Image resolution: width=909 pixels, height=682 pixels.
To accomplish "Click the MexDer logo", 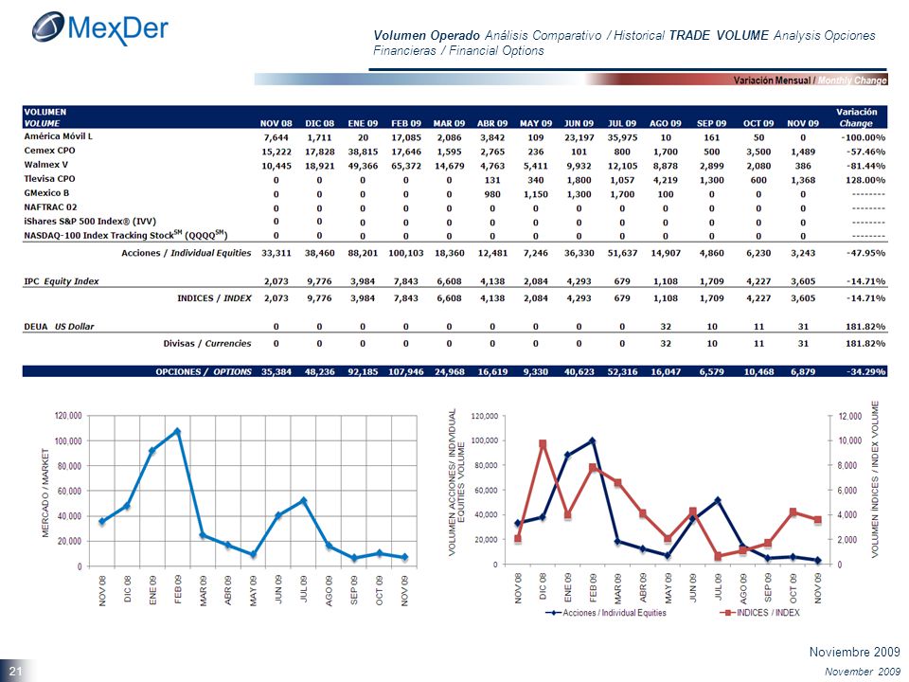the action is click(99, 27).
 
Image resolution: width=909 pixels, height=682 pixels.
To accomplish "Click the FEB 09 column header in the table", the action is click(406, 123).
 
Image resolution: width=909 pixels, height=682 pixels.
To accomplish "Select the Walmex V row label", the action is click(45, 165).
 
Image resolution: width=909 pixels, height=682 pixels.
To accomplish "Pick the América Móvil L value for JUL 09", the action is click(622, 137).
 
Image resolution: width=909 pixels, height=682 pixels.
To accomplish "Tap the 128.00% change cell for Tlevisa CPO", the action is click(865, 180).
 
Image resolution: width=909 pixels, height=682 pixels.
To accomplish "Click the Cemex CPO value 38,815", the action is click(363, 152).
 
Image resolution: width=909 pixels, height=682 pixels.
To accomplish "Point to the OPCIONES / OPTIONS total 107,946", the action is click(406, 371).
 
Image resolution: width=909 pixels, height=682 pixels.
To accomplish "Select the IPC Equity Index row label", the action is click(62, 281).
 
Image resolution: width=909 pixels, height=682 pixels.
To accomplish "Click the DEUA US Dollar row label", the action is click(59, 327).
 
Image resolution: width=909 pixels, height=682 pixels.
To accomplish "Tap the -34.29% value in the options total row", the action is click(866, 371).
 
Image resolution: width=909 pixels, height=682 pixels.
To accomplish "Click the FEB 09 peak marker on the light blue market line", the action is click(177, 432).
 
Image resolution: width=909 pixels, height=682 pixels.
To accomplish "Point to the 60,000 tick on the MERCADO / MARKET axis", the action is click(68, 492).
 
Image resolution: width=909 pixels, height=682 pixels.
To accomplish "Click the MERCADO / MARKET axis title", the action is click(45, 493).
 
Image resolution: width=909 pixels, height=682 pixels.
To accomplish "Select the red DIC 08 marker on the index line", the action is click(543, 443).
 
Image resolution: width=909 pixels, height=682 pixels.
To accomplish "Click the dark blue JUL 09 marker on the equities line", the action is click(718, 500).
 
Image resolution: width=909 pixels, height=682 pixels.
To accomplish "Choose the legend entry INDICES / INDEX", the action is click(759, 613).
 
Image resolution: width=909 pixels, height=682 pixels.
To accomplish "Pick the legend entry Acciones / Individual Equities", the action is click(606, 613).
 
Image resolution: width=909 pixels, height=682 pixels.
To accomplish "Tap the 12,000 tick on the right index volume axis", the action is click(850, 417).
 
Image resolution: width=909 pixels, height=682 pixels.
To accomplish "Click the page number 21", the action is click(15, 672).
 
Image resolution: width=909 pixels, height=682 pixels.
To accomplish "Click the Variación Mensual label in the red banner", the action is click(772, 80).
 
